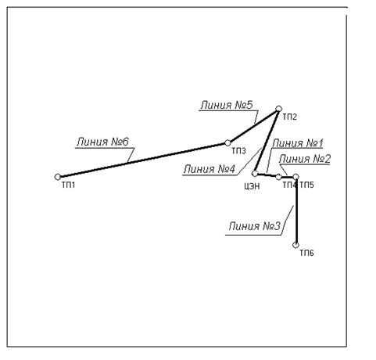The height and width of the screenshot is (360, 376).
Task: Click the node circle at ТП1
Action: point(58,177)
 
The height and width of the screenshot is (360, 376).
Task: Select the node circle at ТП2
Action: point(278,109)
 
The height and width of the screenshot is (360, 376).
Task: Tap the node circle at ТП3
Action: point(227,143)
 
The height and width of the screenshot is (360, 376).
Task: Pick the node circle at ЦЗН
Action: point(255,173)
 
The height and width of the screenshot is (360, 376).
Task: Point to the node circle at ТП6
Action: point(295,245)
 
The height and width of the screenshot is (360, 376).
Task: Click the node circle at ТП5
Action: point(295,177)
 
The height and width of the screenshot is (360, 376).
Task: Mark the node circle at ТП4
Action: point(278,177)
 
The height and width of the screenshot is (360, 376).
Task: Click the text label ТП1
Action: point(69,185)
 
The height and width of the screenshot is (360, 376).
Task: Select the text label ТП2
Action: point(290,117)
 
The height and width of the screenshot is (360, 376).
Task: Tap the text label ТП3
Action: point(238,151)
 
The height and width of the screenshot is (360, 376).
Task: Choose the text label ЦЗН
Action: point(252,186)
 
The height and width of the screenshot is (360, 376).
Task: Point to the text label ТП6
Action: point(306,253)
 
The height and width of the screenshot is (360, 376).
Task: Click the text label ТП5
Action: point(306,185)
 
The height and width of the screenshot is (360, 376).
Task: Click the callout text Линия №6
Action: point(102,142)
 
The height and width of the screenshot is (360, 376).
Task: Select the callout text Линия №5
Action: point(227,105)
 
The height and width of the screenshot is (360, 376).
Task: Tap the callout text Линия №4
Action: point(209,169)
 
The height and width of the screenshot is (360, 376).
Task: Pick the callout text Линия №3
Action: point(255,226)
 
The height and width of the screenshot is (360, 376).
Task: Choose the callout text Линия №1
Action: point(298,143)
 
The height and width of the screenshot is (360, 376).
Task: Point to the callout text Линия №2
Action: point(304,159)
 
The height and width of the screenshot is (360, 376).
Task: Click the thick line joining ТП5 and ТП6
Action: point(296,211)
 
